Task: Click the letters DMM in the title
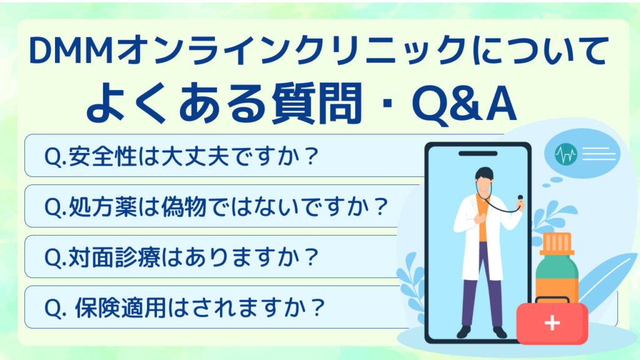71,51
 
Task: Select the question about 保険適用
184,307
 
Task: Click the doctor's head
484,180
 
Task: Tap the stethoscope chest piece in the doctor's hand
521,198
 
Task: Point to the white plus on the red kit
552,323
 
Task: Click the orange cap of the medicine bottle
557,244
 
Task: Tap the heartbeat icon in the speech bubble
566,154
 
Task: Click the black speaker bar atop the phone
478,154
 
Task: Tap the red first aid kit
552,322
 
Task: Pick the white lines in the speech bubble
599,154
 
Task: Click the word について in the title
539,51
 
